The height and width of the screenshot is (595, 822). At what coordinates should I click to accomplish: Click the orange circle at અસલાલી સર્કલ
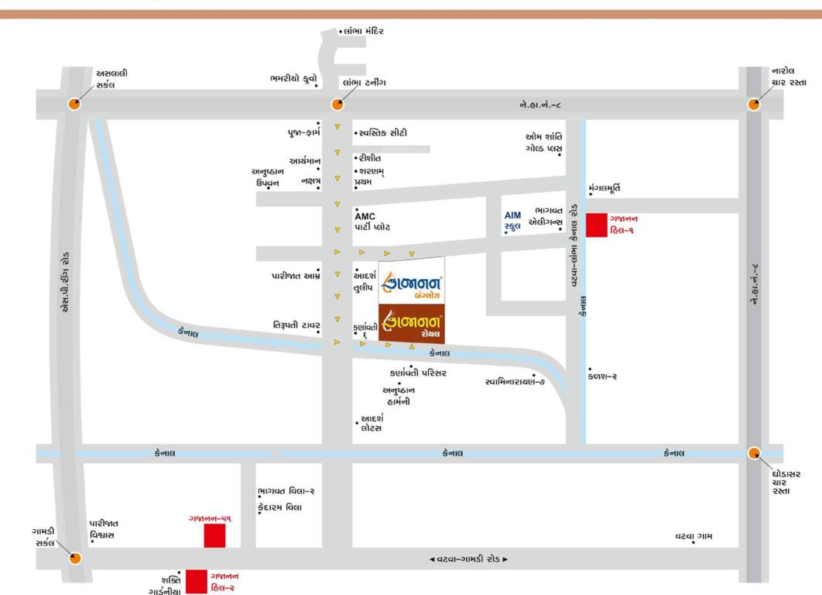[x=74, y=104]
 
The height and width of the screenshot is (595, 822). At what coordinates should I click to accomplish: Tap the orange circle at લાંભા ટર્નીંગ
[x=337, y=105]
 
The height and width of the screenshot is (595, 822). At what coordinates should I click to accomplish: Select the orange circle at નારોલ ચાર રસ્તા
[x=753, y=105]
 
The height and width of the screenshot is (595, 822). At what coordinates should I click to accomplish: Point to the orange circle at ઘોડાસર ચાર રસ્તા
[x=755, y=453]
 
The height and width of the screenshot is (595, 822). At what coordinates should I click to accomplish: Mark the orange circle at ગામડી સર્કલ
[x=75, y=558]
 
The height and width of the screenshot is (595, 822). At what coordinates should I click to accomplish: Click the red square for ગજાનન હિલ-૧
[x=596, y=225]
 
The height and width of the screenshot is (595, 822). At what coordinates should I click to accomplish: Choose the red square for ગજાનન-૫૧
[x=214, y=535]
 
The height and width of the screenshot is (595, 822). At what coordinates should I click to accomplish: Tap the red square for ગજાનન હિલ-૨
[x=197, y=581]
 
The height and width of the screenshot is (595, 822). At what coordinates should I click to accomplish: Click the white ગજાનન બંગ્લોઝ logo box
[x=412, y=287]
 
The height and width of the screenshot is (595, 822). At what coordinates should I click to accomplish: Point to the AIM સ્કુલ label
[x=513, y=221]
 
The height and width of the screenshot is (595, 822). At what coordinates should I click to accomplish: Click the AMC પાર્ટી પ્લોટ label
[x=372, y=222]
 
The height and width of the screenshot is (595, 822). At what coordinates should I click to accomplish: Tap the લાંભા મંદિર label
[x=363, y=31]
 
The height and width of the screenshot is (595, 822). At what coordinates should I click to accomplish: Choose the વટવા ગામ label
[x=694, y=535]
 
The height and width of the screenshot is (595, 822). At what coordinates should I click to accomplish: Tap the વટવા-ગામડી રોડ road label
[x=469, y=559]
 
